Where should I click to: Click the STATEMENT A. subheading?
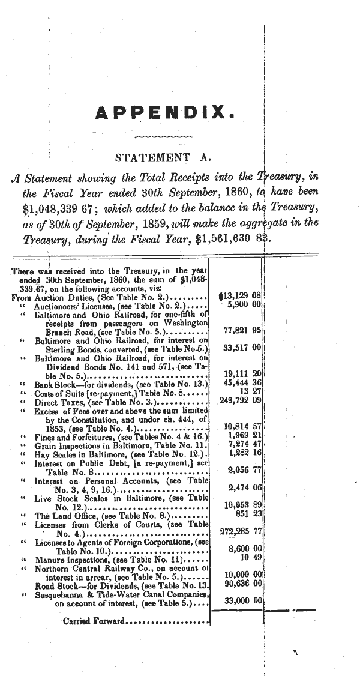point(164,158)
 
